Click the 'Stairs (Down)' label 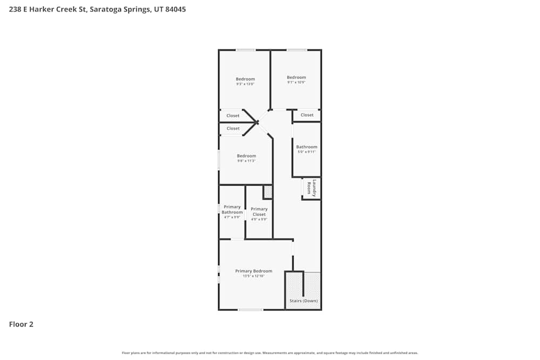click(x=303, y=301)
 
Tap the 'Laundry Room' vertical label click(x=311, y=187)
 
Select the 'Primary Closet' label click(x=259, y=212)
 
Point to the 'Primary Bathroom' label click(x=232, y=209)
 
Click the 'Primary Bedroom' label click(x=253, y=271)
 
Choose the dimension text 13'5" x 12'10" click(x=253, y=276)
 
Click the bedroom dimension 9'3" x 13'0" click(x=245, y=84)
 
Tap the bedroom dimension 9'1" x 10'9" click(x=296, y=83)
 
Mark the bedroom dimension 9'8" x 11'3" click(x=246, y=161)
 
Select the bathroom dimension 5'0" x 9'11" click(x=307, y=152)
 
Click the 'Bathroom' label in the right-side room click(x=307, y=147)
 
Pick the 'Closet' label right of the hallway click(x=307, y=115)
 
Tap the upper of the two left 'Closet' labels click(x=233, y=116)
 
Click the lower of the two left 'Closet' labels click(x=233, y=128)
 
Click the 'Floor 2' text click(x=21, y=324)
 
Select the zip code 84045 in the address click(x=175, y=9)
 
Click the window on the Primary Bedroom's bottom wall click(x=251, y=309)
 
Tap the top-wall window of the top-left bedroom click(x=246, y=50)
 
